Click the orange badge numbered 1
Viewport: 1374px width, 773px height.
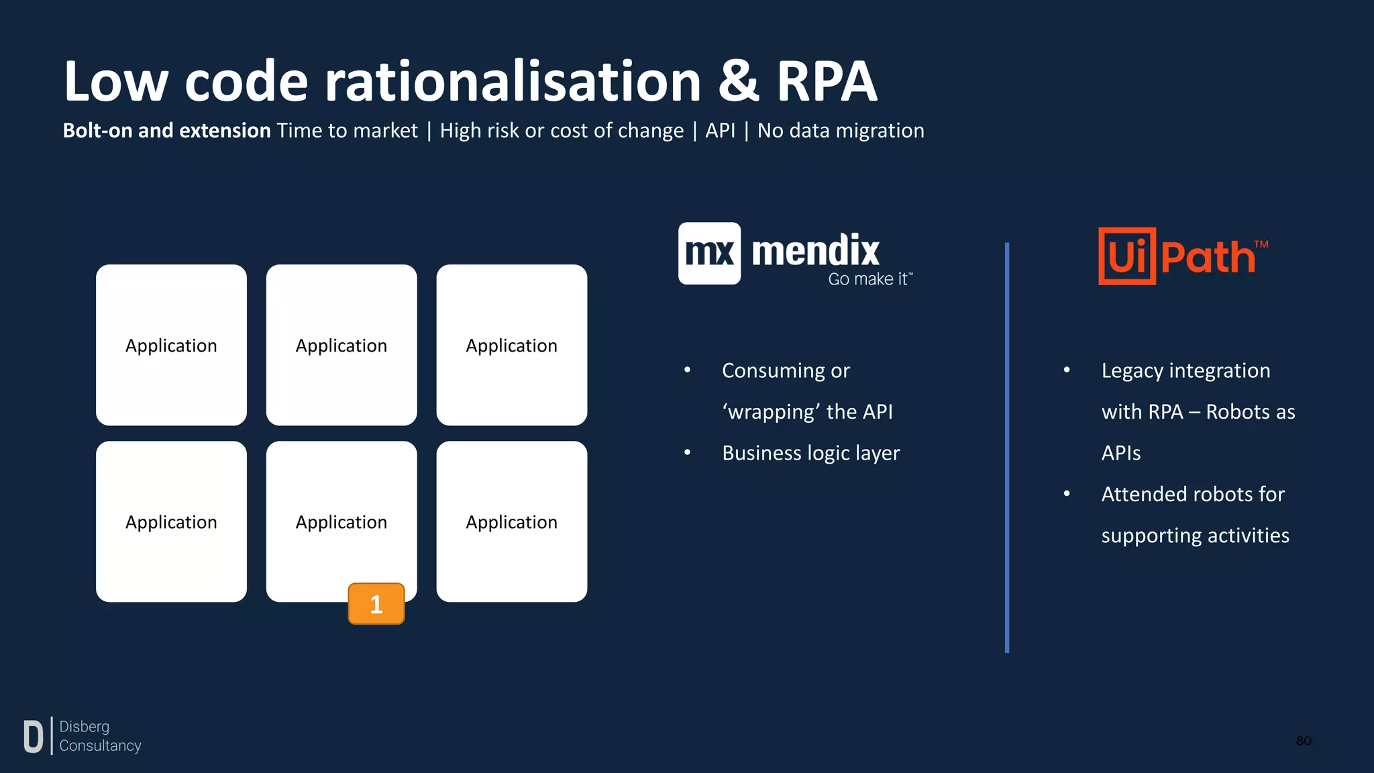click(x=376, y=604)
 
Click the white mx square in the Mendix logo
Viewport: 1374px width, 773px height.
click(x=709, y=254)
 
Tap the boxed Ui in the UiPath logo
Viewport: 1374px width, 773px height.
click(x=1127, y=256)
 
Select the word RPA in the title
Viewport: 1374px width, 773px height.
click(x=827, y=82)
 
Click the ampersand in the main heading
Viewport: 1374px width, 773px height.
click(x=738, y=82)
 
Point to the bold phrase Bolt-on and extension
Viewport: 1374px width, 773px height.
click(x=166, y=130)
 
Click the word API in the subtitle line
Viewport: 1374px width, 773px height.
click(x=720, y=130)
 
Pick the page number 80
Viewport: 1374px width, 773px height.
click(x=1303, y=741)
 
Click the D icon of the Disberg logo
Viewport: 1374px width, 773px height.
click(x=33, y=736)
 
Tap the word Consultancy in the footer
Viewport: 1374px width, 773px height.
click(x=100, y=745)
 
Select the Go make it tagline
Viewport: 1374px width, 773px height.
click(x=869, y=279)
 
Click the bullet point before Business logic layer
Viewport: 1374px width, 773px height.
click(x=687, y=453)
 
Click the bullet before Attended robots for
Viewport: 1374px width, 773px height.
click(x=1066, y=494)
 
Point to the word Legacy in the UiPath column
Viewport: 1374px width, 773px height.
click(x=1132, y=370)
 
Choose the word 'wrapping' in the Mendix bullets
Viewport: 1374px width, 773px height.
click(x=771, y=411)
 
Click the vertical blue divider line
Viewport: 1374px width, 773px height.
click(x=1006, y=447)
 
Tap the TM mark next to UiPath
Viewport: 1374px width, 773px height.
click(x=1261, y=244)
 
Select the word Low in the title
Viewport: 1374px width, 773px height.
click(x=115, y=82)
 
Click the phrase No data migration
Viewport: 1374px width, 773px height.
click(x=840, y=130)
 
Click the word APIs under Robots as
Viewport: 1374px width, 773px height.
click(x=1120, y=453)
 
